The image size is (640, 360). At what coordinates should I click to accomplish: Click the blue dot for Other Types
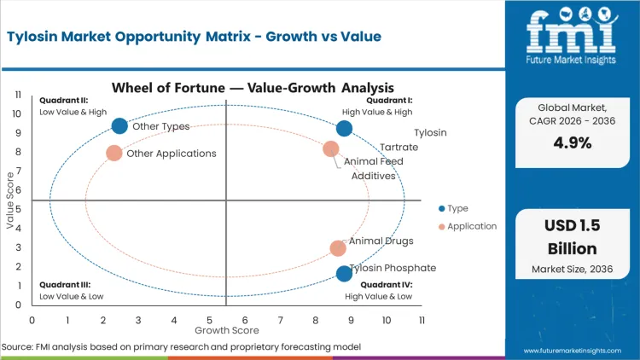(119, 126)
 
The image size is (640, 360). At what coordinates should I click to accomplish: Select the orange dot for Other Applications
(114, 154)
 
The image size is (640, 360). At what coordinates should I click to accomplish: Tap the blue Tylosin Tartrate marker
(344, 129)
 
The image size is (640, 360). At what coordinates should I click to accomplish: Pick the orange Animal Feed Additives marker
(331, 149)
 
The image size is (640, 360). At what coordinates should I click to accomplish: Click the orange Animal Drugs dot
(338, 248)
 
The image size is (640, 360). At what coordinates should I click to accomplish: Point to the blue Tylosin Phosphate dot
(344, 274)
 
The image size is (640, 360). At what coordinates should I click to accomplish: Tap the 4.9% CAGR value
(572, 143)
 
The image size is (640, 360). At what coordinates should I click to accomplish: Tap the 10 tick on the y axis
(16, 113)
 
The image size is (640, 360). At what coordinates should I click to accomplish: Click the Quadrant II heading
(64, 100)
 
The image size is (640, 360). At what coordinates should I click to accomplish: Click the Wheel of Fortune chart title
(253, 87)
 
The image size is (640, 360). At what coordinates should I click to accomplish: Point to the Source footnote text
(181, 347)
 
